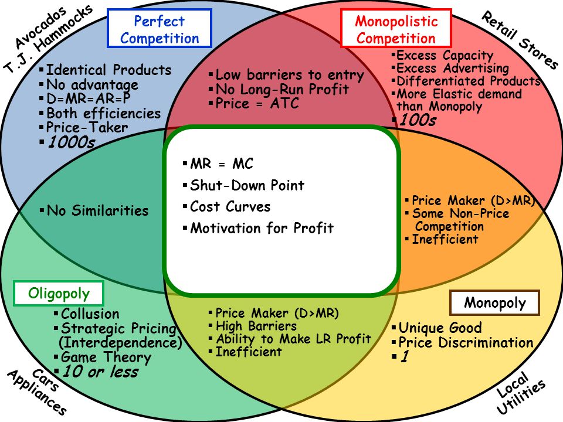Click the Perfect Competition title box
[159, 30]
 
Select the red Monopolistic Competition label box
[396, 30]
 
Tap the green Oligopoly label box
[59, 294]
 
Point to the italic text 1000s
[70, 142]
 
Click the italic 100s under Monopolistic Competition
[417, 120]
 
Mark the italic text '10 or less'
[100, 372]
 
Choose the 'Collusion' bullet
[90, 314]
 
